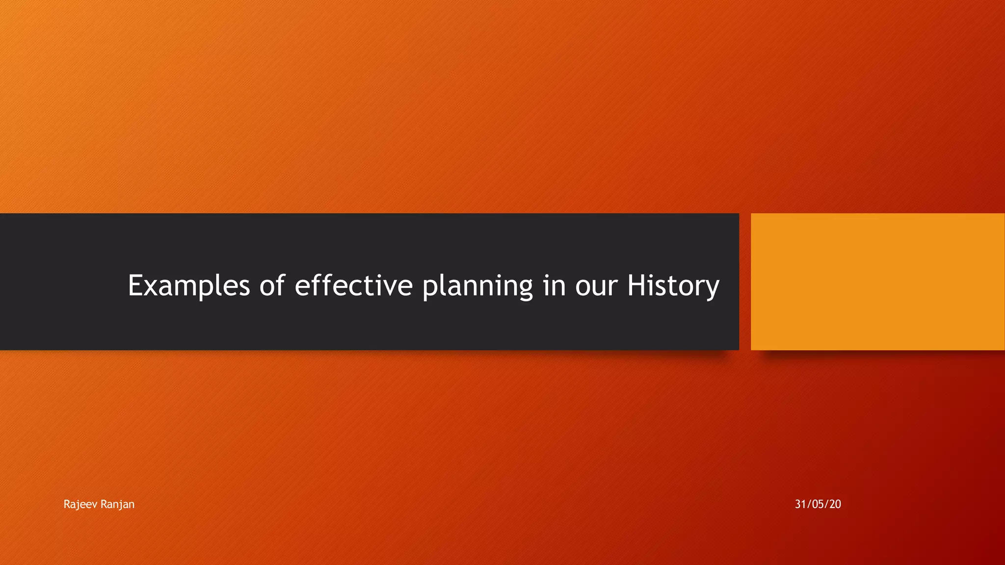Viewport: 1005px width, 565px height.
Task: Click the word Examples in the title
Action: pos(189,285)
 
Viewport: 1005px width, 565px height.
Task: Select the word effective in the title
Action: pos(353,285)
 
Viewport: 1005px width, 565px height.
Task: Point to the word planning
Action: pos(477,286)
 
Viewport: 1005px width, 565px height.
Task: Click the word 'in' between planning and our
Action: pos(554,285)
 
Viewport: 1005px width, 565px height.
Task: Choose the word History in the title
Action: pos(673,285)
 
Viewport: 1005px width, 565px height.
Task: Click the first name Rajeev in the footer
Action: pos(80,504)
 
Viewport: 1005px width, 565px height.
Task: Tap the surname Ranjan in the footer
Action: pos(117,504)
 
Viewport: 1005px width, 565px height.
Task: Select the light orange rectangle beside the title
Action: pos(877,282)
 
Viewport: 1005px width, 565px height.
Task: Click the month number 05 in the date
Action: pos(818,504)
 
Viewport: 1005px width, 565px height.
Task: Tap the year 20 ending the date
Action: pos(835,504)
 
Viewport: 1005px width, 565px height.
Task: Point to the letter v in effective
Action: pos(391,287)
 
